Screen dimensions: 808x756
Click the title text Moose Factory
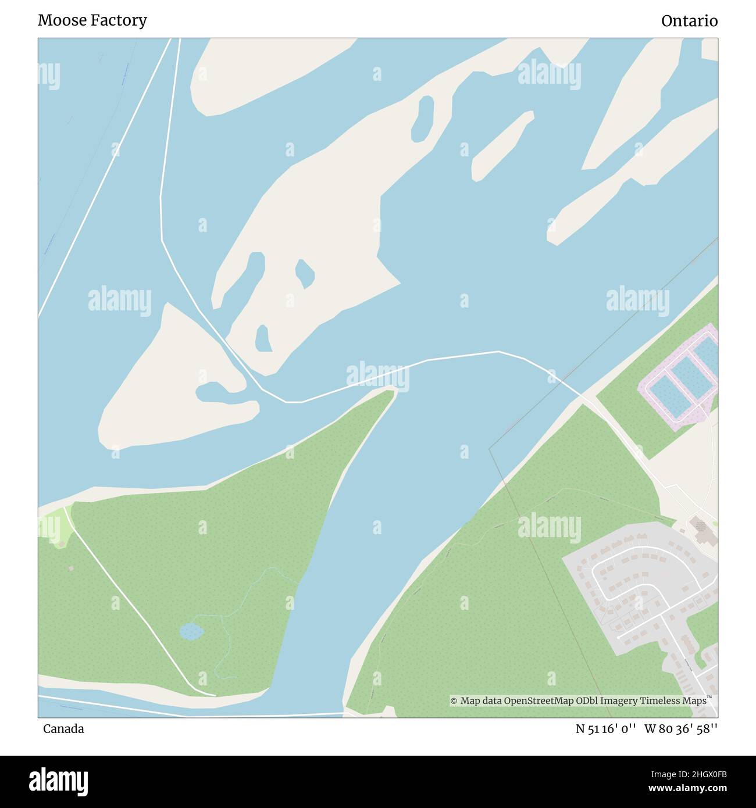[x=92, y=20]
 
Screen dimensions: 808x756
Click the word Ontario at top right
[x=689, y=21]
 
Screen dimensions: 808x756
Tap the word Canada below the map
[x=63, y=729]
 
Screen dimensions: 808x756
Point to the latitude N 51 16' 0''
[x=604, y=729]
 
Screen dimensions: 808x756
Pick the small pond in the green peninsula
[x=191, y=631]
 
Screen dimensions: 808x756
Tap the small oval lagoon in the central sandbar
[x=305, y=273]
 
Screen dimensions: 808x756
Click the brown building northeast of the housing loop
[x=702, y=529]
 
